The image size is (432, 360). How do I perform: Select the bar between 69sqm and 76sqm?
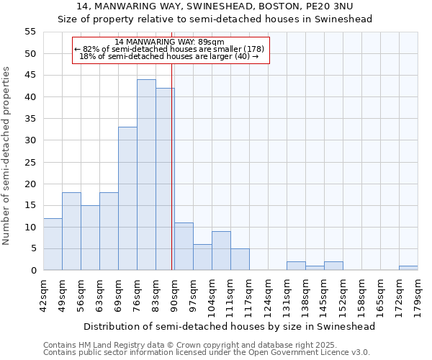tap(127, 199)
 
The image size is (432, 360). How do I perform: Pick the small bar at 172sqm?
tap(408, 268)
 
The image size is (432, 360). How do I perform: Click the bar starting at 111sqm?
tap(240, 259)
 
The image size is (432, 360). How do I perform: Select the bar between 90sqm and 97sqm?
tap(184, 246)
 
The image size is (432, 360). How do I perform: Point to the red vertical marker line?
tap(171, 180)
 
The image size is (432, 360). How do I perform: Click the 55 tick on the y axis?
tap(30, 32)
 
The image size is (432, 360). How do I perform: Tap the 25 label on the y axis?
tap(30, 162)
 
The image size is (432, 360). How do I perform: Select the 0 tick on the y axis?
tap(33, 271)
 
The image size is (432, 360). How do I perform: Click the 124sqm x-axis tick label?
tap(268, 296)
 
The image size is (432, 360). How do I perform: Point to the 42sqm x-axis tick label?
tap(43, 296)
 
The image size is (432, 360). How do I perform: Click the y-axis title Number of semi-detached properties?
tap(7, 156)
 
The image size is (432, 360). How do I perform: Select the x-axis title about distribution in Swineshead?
tap(229, 326)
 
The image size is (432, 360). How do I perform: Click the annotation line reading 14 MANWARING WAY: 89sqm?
tap(170, 42)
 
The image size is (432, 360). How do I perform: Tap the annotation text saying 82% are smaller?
tap(170, 49)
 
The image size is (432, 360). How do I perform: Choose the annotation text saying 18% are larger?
tap(170, 56)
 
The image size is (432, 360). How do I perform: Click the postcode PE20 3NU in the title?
tap(328, 6)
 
